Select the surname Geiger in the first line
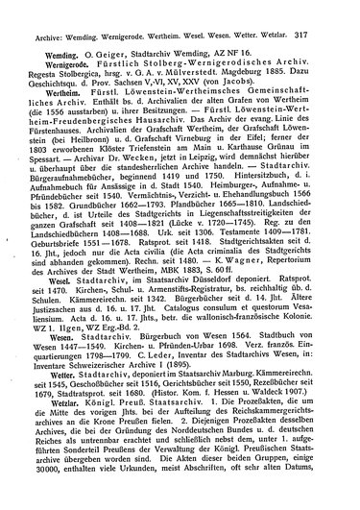[105, 34]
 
